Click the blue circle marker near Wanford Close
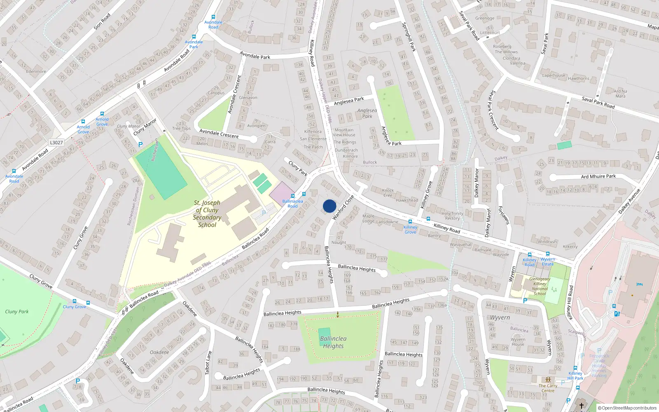[x=329, y=206]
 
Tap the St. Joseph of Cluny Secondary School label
[x=207, y=214]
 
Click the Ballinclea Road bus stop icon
[x=293, y=196]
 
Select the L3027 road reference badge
[x=56, y=143]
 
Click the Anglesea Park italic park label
[x=367, y=113]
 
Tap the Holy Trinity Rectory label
[x=452, y=216]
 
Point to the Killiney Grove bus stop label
[x=410, y=229]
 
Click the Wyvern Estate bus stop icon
[x=548, y=254]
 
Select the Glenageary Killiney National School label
[x=540, y=286]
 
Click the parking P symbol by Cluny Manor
[x=140, y=145]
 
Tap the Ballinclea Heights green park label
[x=333, y=342]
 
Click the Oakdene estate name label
[x=159, y=352]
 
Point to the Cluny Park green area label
[x=17, y=311]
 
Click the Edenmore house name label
[x=36, y=71]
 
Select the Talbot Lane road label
[x=208, y=363]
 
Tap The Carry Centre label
[x=548, y=388]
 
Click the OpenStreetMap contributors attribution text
[x=627, y=408]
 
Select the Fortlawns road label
[x=504, y=215]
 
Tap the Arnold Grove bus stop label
[x=83, y=129]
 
